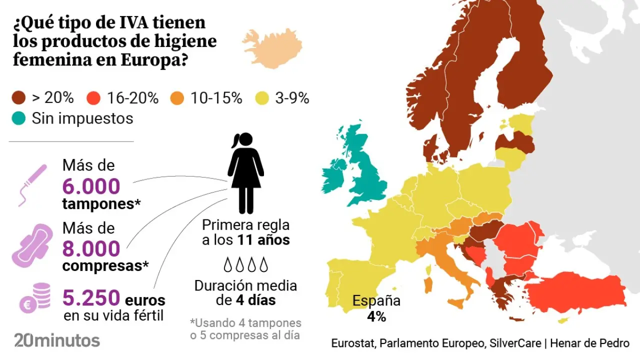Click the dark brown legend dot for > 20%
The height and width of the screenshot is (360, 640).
point(19,98)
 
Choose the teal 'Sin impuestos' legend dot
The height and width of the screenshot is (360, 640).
point(19,118)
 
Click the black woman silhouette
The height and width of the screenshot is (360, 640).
point(245,172)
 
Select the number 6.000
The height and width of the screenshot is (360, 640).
point(91,186)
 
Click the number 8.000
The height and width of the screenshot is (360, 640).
point(91,249)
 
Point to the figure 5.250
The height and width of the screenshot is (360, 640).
point(91,298)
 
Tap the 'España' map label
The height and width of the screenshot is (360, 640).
point(376,301)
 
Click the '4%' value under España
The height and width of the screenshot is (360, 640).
point(376,316)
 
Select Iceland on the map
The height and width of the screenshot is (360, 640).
point(272,48)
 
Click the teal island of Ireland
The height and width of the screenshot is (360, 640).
point(333,175)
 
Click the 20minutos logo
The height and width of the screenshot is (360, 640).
point(57,340)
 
